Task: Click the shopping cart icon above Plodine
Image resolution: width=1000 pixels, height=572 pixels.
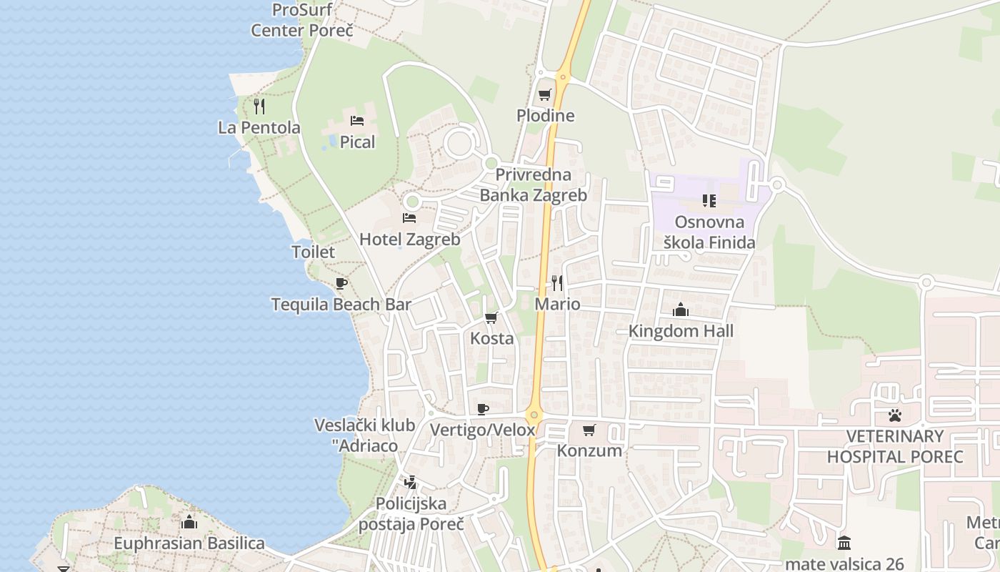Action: (x=545, y=94)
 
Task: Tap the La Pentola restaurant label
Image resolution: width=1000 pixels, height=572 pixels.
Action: (x=259, y=128)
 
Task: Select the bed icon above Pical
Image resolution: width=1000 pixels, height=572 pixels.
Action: (x=357, y=121)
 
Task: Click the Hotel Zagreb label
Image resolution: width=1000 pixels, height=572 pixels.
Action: (x=409, y=240)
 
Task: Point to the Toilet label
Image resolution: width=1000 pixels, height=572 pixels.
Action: (x=313, y=252)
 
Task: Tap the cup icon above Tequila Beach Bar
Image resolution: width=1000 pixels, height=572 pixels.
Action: (x=341, y=283)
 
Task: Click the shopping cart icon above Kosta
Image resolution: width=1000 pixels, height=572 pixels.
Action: (x=491, y=317)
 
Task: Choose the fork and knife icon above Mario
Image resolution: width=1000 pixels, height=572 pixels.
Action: (x=557, y=283)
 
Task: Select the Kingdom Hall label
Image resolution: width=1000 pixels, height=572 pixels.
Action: (x=681, y=332)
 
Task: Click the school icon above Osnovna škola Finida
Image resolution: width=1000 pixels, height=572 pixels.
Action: (x=709, y=201)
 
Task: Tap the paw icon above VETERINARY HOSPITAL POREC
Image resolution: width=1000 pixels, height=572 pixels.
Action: (x=895, y=415)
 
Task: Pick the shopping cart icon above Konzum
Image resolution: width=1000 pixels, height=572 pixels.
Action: (x=589, y=430)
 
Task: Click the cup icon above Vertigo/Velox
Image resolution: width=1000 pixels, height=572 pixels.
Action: (x=483, y=409)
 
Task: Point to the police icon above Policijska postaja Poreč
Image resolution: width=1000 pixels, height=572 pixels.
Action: (x=410, y=483)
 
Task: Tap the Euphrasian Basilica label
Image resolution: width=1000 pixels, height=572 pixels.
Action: (x=189, y=543)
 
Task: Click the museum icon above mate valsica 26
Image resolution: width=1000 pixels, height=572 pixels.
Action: (x=844, y=543)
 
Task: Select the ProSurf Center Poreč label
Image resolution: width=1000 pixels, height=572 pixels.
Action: (x=303, y=21)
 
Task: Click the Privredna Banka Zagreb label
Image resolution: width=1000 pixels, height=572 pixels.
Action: (x=533, y=185)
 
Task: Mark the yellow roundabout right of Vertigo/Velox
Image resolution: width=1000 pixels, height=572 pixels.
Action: (x=534, y=415)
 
